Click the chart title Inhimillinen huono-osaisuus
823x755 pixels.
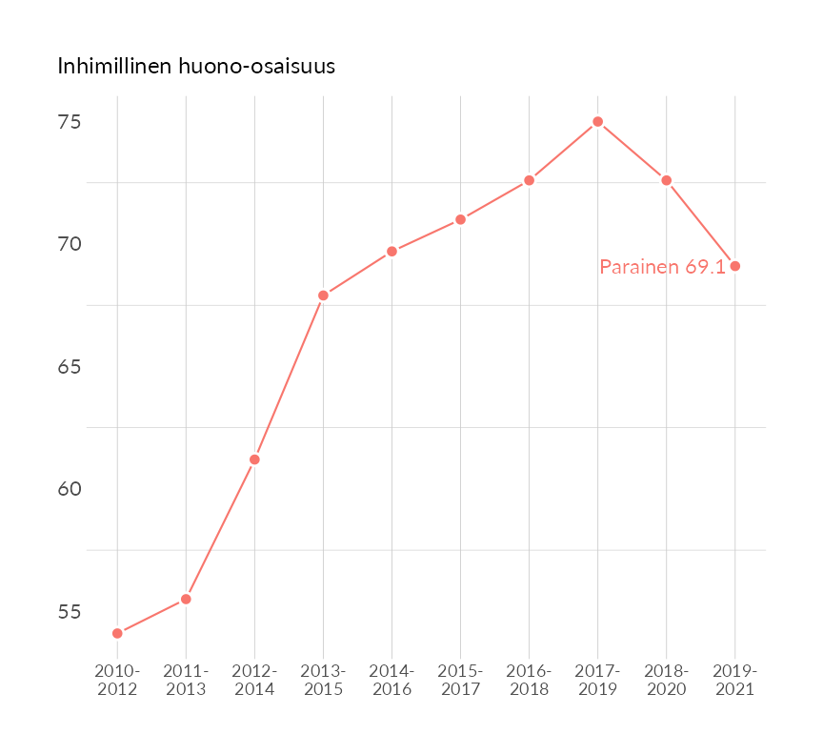click(x=196, y=67)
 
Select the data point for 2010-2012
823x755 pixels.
click(x=117, y=633)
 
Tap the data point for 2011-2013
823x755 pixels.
click(x=186, y=599)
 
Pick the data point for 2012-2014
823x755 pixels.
click(x=254, y=459)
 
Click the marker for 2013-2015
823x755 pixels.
click(x=323, y=296)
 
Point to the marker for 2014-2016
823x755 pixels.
click(x=391, y=252)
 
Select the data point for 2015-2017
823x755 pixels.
click(x=460, y=219)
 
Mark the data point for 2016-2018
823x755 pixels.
click(x=529, y=180)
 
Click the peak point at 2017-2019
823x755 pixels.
click(x=597, y=121)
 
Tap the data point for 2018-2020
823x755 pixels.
click(x=666, y=180)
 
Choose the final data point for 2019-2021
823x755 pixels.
click(x=734, y=266)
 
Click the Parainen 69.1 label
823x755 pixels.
click(x=662, y=268)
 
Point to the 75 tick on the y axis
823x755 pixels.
click(x=68, y=123)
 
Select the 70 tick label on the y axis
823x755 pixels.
click(x=68, y=245)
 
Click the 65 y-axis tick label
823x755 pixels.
click(x=68, y=367)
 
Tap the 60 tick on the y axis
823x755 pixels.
click(x=68, y=489)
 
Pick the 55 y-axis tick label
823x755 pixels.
click(x=68, y=611)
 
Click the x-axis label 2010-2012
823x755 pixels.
click(x=117, y=681)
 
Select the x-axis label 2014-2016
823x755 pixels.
click(x=391, y=681)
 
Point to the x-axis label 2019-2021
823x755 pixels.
click(x=734, y=681)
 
